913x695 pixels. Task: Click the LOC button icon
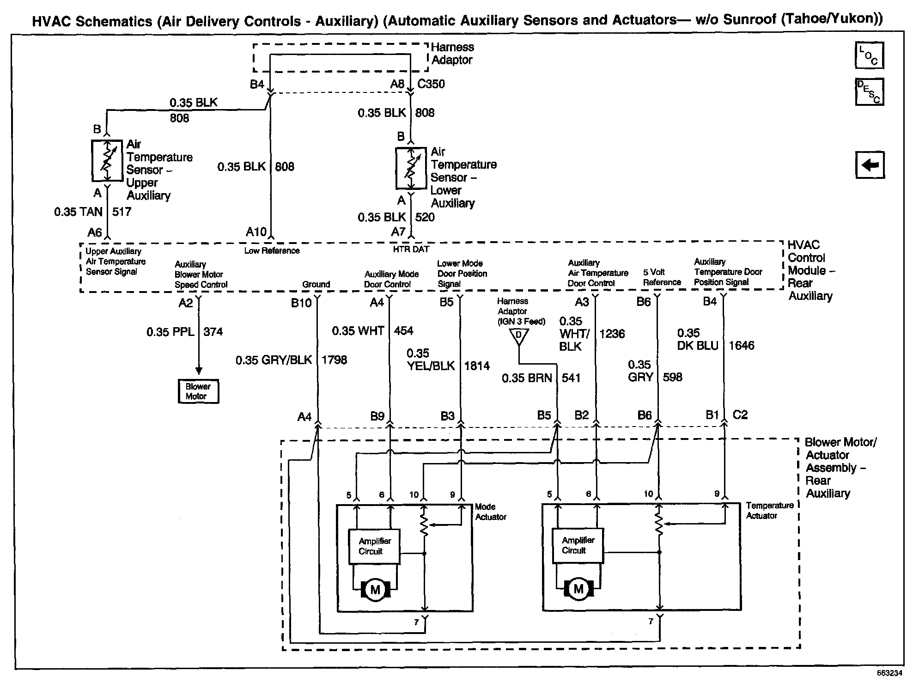click(x=869, y=55)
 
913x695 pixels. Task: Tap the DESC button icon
click(x=869, y=92)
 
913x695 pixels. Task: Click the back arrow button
click(x=870, y=165)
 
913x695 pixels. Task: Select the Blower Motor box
click(x=198, y=391)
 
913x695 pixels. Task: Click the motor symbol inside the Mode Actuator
click(x=375, y=589)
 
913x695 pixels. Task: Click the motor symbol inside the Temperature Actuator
click(x=578, y=589)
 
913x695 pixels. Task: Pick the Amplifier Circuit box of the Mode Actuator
click(x=374, y=546)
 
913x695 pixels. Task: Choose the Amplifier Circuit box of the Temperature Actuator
click(x=578, y=545)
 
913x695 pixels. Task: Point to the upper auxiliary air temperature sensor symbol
click(x=107, y=161)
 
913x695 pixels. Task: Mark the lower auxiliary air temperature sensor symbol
click(x=411, y=168)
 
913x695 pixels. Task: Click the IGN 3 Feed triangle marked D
click(x=518, y=336)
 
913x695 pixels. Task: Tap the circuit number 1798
click(x=334, y=360)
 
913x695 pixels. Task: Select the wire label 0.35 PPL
click(x=170, y=332)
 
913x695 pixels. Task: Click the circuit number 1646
click(x=742, y=346)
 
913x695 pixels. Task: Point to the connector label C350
click(x=431, y=84)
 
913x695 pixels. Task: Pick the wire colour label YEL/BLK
click(x=431, y=366)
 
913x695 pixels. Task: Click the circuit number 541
click(x=571, y=378)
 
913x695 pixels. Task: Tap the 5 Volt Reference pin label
click(x=662, y=277)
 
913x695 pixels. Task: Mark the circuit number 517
click(x=122, y=212)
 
